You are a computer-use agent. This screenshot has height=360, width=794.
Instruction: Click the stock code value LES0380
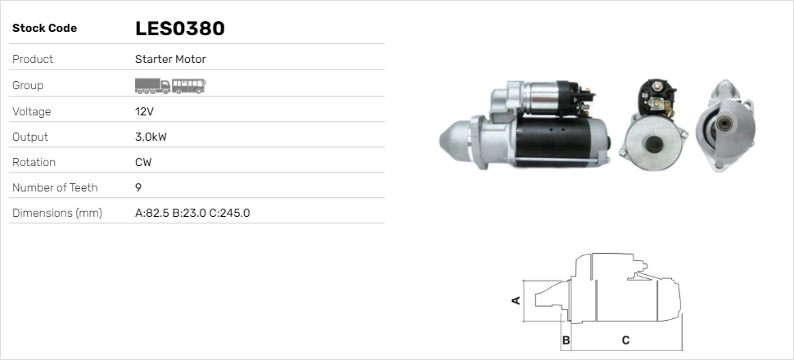click(179, 29)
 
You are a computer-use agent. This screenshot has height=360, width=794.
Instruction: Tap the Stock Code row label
click(44, 29)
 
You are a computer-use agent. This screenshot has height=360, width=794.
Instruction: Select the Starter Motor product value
click(170, 60)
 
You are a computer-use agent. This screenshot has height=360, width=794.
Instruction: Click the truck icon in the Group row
click(152, 85)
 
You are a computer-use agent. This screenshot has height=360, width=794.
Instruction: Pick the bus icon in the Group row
click(189, 85)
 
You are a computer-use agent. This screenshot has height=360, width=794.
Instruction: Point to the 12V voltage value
click(144, 111)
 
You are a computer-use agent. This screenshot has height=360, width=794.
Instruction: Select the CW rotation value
click(143, 162)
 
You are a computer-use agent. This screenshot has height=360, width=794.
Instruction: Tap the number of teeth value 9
click(138, 187)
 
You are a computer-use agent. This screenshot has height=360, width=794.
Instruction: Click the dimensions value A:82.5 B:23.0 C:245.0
click(192, 214)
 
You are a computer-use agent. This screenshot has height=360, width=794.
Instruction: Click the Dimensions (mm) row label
click(56, 214)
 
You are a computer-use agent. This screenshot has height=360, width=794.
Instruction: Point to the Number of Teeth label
click(55, 187)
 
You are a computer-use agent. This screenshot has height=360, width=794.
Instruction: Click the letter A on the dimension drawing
click(516, 299)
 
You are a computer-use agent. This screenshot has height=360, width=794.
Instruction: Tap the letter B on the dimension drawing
click(565, 340)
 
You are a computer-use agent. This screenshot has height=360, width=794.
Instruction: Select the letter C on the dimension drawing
click(625, 340)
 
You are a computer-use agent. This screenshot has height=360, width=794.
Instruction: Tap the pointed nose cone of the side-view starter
click(454, 138)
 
